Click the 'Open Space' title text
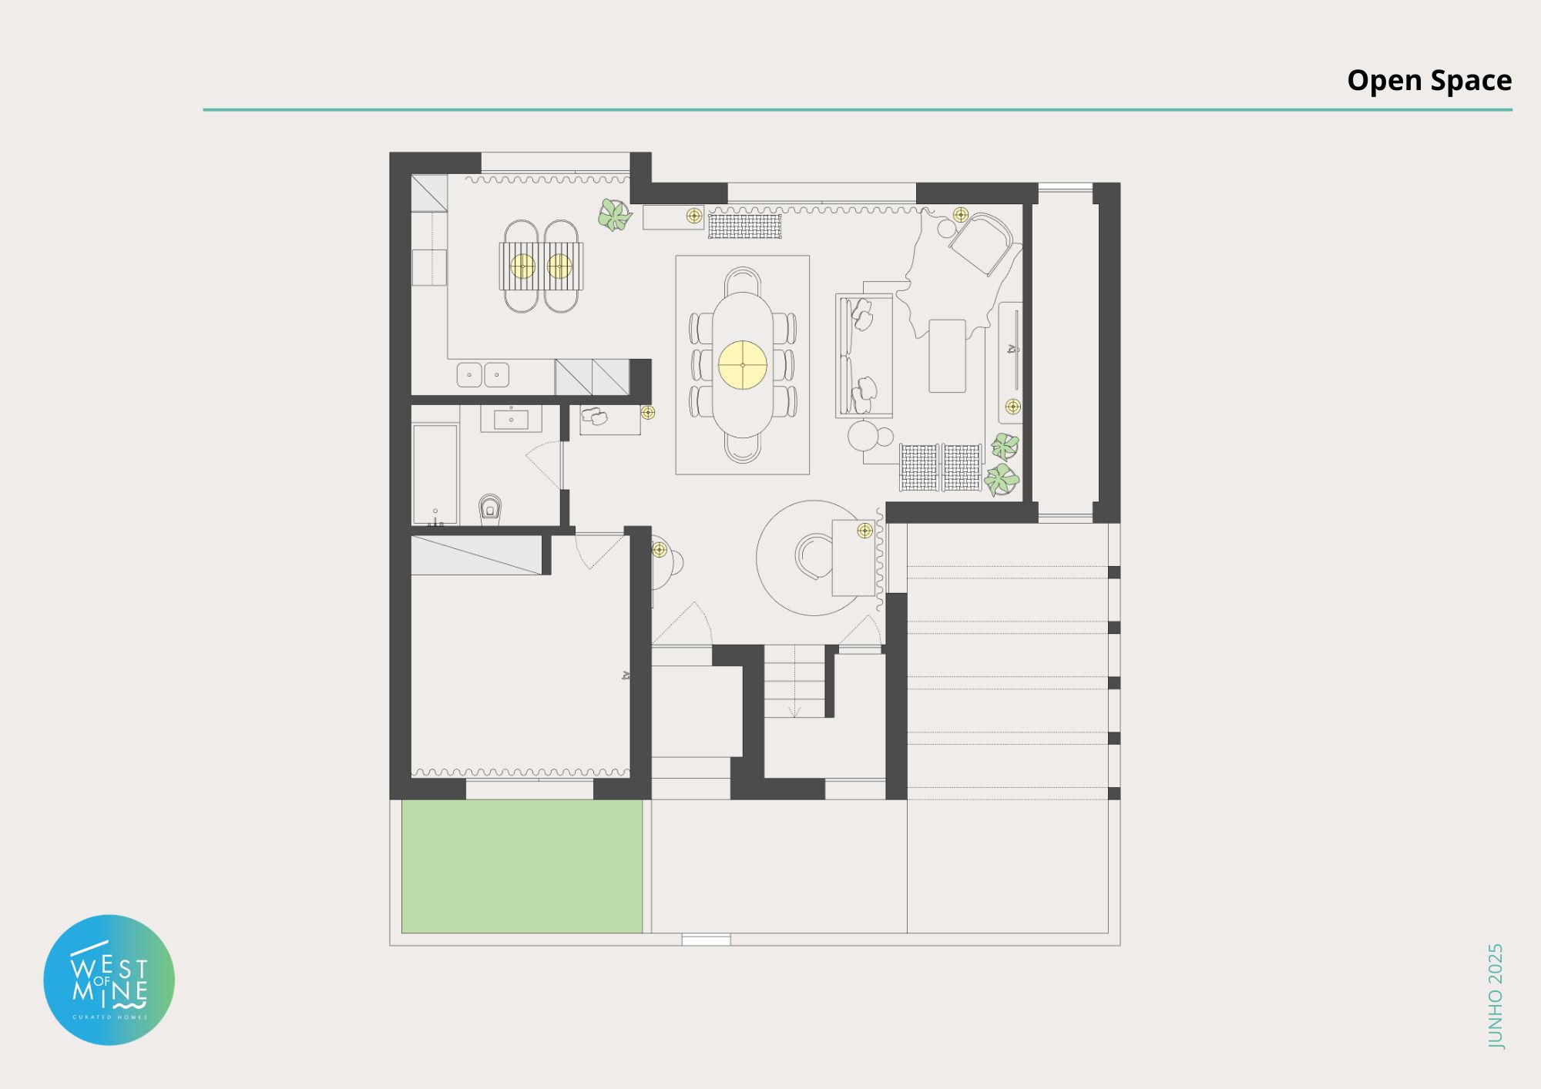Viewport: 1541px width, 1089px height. coord(1429,80)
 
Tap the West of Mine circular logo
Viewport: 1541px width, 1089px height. coord(109,980)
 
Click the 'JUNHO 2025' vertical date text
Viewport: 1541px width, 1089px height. coord(1496,996)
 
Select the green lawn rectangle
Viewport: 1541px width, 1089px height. coord(522,866)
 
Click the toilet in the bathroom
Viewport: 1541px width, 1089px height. coord(490,509)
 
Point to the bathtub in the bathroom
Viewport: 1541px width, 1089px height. coord(435,474)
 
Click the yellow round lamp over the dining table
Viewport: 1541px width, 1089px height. coord(743,365)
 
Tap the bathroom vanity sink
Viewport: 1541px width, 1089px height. coord(511,420)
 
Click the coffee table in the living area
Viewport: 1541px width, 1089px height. coord(947,356)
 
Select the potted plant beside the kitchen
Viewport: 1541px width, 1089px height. coord(615,215)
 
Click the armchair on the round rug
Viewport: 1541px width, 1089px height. coord(813,555)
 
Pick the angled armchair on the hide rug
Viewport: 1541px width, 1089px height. coord(980,243)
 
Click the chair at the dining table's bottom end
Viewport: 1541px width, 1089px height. coord(743,449)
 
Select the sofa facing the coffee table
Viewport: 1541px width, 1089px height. coord(864,356)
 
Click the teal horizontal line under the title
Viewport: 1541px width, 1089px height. coord(858,110)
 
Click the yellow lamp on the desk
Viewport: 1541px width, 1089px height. coord(865,531)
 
